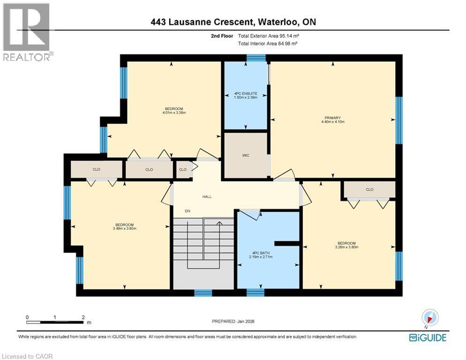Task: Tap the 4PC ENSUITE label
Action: coord(246,94)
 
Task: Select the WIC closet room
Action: coord(246,155)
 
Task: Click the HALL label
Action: coord(207,197)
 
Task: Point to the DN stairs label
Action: coord(187,211)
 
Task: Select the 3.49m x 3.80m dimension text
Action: coord(124,229)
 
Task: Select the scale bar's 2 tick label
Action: coord(83,317)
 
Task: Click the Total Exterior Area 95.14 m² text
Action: coord(268,36)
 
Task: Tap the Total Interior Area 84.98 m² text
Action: coord(268,43)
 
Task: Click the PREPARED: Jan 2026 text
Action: coord(233,321)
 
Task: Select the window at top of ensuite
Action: coord(256,58)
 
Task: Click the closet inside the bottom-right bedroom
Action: coord(370,190)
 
